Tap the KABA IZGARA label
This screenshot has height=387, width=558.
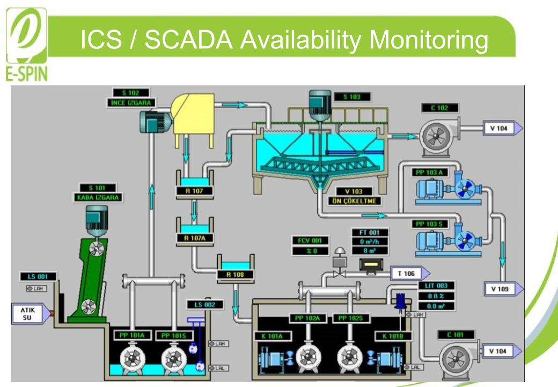[x=98, y=197]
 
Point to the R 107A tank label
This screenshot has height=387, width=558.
[x=194, y=237]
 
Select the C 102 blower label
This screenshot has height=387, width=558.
[x=439, y=108]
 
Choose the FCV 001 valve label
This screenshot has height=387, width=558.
[x=310, y=241]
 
